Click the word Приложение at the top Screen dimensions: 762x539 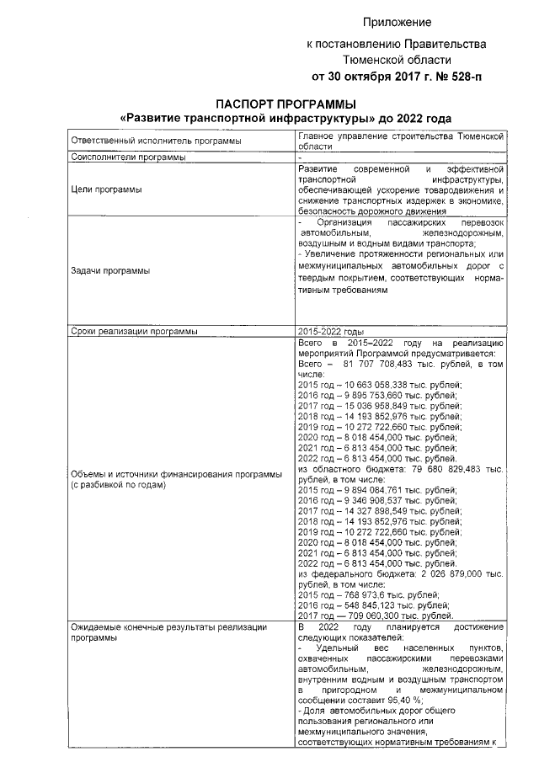tap(398, 22)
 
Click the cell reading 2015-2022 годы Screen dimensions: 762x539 tap(331, 332)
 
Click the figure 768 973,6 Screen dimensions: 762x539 tap(366, 594)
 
